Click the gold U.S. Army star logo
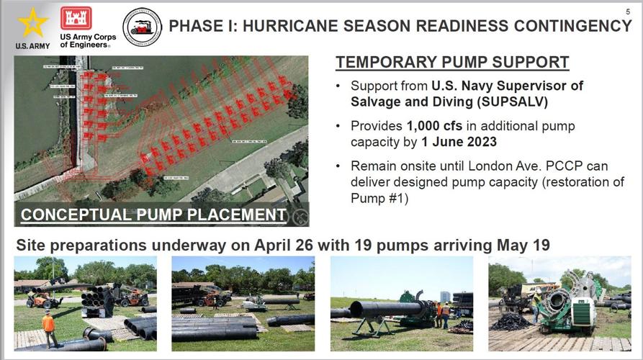point(32,23)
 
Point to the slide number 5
point(628,12)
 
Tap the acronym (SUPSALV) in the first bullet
point(500,102)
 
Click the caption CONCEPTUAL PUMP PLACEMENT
point(153,215)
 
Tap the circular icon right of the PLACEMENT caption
point(298,215)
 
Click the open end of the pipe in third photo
point(354,310)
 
